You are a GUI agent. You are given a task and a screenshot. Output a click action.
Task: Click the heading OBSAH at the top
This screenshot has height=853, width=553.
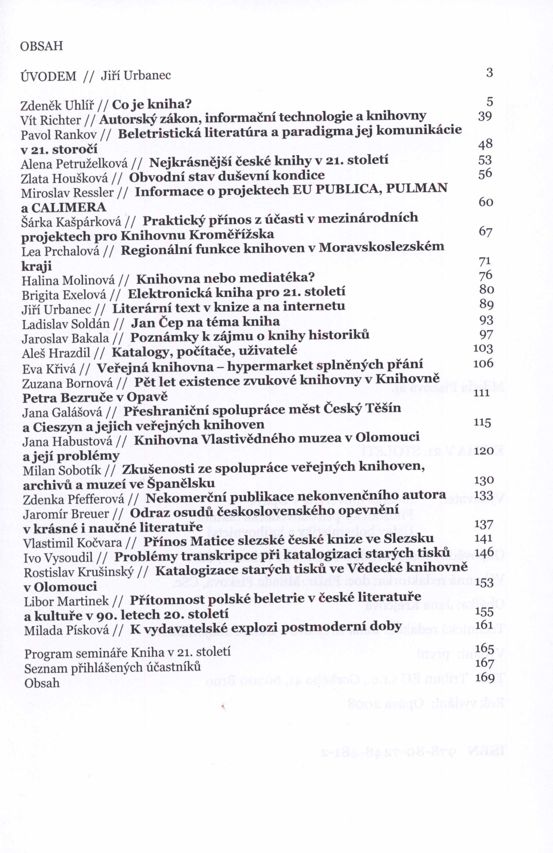(x=42, y=46)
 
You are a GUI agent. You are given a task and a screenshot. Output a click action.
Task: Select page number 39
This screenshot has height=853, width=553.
(x=485, y=116)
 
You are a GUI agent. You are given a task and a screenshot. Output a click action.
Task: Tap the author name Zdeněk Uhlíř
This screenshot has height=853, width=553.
(x=57, y=106)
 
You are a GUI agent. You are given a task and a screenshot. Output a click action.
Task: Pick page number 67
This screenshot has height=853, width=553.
(x=485, y=232)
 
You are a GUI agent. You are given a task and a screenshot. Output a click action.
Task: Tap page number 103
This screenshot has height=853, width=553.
(x=483, y=348)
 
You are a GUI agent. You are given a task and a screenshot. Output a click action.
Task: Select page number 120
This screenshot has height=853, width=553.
(x=484, y=451)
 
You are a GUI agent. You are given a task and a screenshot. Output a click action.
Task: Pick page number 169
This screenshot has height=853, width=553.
(x=485, y=678)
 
